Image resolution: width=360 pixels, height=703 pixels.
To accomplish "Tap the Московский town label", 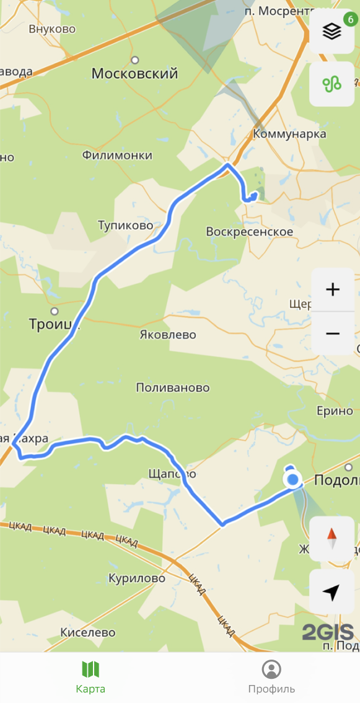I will [x=134, y=74].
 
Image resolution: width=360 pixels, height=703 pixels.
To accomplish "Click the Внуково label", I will [x=52, y=29].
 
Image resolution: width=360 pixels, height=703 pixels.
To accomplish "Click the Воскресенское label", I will [x=249, y=231].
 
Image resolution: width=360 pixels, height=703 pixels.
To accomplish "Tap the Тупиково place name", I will [x=125, y=225].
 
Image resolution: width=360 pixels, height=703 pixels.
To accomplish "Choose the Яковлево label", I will [x=167, y=335].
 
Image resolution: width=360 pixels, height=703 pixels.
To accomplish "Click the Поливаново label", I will [x=173, y=387].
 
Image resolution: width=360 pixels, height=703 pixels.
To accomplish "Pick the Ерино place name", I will [x=335, y=410].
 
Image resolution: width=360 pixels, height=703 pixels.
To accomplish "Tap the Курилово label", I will [x=137, y=578].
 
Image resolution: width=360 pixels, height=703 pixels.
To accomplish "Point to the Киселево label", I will [x=88, y=632].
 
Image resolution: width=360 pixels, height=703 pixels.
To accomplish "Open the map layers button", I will [x=332, y=32].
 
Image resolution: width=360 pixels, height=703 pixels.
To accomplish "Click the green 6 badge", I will [x=349, y=19].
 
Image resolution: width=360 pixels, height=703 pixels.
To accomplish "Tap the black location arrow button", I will [x=332, y=593].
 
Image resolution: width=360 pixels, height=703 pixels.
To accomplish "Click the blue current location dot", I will [x=292, y=479].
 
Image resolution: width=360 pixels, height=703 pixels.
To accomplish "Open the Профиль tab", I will [x=271, y=677].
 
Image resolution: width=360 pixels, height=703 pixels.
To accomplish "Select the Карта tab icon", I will [x=90, y=670].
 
